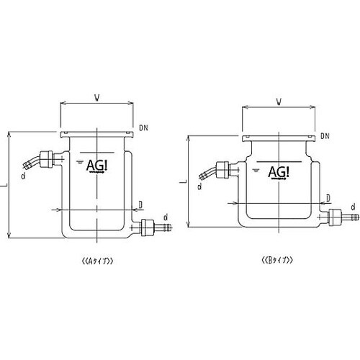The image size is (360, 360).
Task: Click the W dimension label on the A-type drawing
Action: [96, 95]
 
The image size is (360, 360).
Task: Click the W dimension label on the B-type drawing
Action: [279, 102]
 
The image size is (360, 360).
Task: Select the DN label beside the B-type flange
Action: [325, 135]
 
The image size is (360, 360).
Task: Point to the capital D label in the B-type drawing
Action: [328, 197]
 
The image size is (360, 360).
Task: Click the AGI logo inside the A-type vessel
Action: [96, 166]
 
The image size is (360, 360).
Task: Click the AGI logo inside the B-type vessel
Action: [279, 172]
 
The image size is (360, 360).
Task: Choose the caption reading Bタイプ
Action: [279, 259]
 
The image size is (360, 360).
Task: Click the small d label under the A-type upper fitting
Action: [24, 174]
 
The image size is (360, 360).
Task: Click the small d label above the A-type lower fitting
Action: [166, 215]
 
